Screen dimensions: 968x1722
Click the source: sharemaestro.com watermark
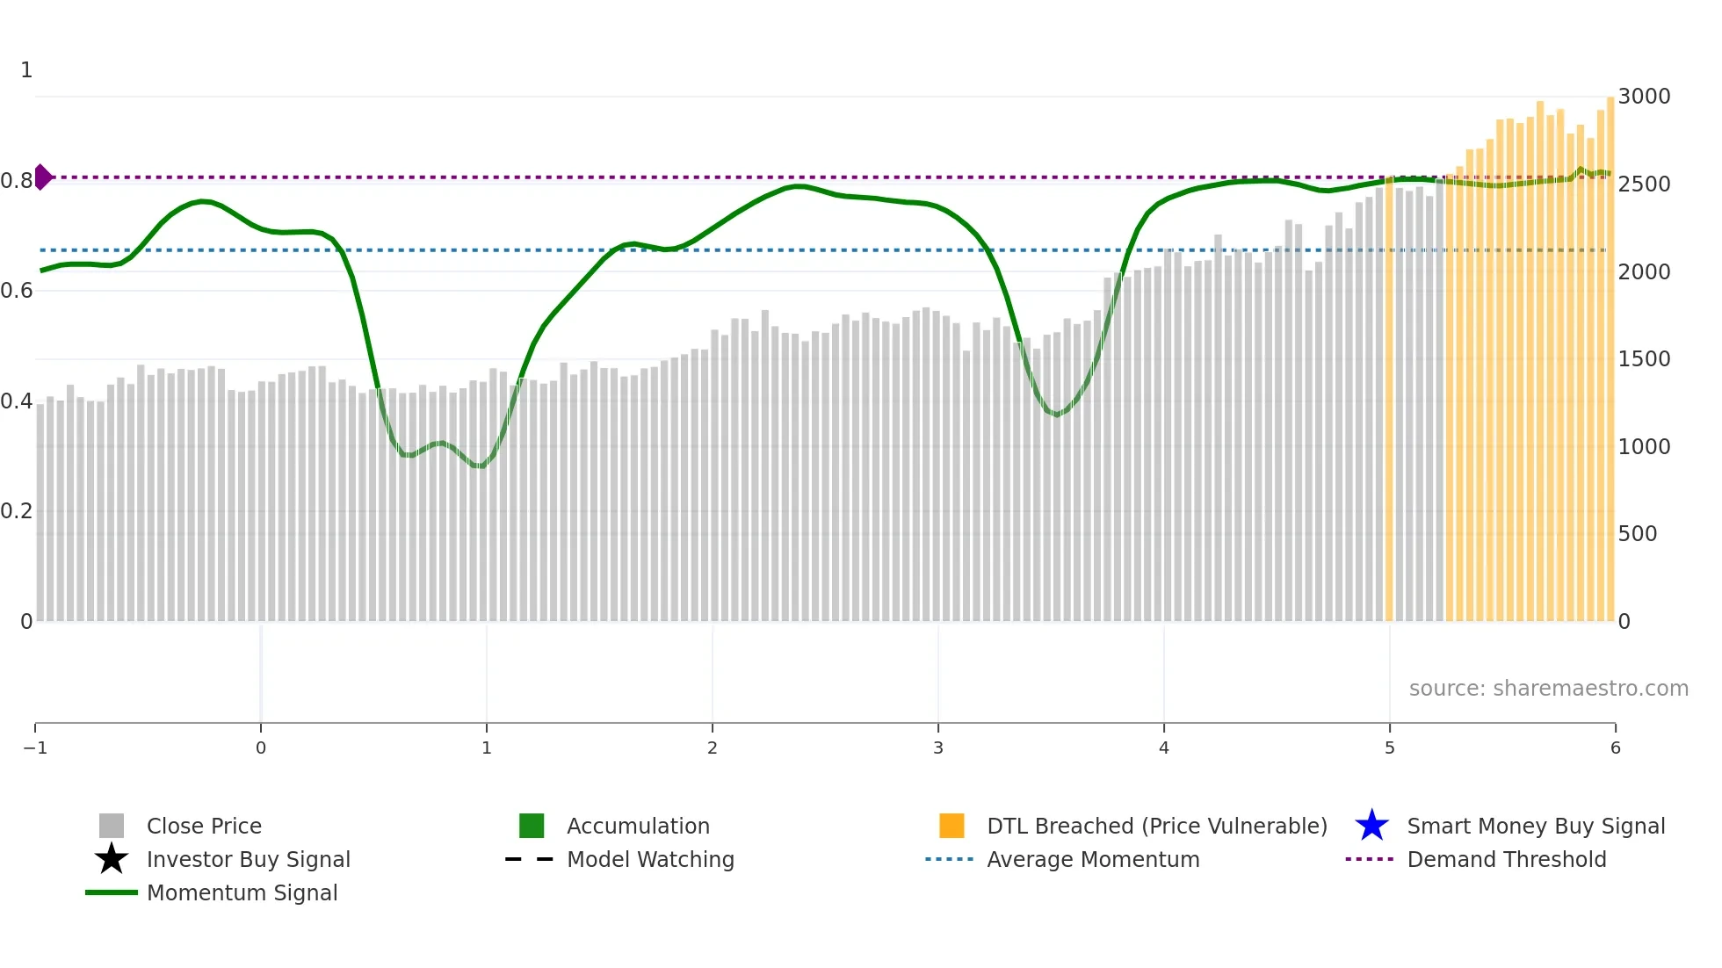[x=1548, y=689]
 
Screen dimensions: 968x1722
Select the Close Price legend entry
[x=203, y=827]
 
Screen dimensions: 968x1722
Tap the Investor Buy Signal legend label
[x=248, y=860]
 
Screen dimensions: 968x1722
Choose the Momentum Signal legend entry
[x=242, y=893]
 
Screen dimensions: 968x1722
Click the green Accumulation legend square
[x=532, y=826]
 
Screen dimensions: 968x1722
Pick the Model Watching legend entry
[x=649, y=860]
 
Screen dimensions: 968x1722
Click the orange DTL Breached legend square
[x=951, y=826]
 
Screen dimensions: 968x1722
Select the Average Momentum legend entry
[x=1092, y=860]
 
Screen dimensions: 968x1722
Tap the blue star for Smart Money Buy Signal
[x=1371, y=826]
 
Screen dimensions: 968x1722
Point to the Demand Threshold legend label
[x=1506, y=860]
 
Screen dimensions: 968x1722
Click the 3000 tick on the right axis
[x=1644, y=97]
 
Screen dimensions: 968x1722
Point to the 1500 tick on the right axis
[x=1644, y=359]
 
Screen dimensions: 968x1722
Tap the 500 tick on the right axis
[x=1638, y=534]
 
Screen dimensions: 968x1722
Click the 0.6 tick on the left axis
[x=17, y=291]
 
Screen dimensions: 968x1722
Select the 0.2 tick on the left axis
[x=17, y=511]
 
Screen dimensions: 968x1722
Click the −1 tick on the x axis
[x=35, y=748]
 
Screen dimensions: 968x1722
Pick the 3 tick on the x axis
[x=938, y=748]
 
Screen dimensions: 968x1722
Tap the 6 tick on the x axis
[x=1615, y=748]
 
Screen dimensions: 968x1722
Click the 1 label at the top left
[x=26, y=70]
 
